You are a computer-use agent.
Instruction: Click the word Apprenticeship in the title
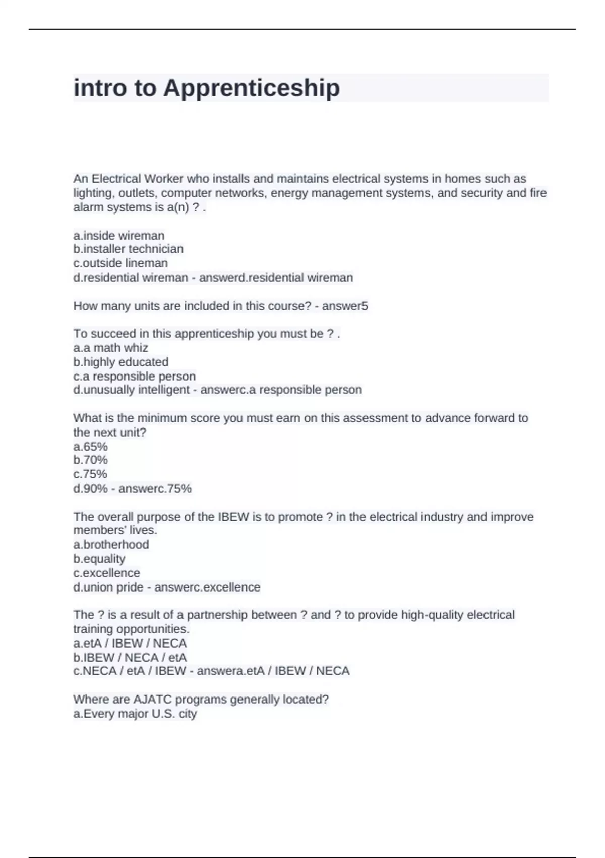(x=252, y=88)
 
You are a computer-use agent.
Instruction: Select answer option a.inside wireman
(x=119, y=236)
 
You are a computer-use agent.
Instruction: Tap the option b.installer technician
(x=128, y=249)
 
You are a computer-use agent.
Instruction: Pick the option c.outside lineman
(x=120, y=263)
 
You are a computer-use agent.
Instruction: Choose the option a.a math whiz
(x=111, y=348)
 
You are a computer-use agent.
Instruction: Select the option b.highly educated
(x=121, y=362)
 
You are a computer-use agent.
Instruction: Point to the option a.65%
(x=91, y=447)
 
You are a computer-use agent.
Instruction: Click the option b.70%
(x=91, y=460)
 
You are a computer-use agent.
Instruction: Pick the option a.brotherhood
(x=111, y=545)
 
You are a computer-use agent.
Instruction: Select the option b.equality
(x=99, y=559)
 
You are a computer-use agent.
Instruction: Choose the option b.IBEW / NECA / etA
(x=130, y=658)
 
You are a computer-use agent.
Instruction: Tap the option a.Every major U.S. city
(x=135, y=714)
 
